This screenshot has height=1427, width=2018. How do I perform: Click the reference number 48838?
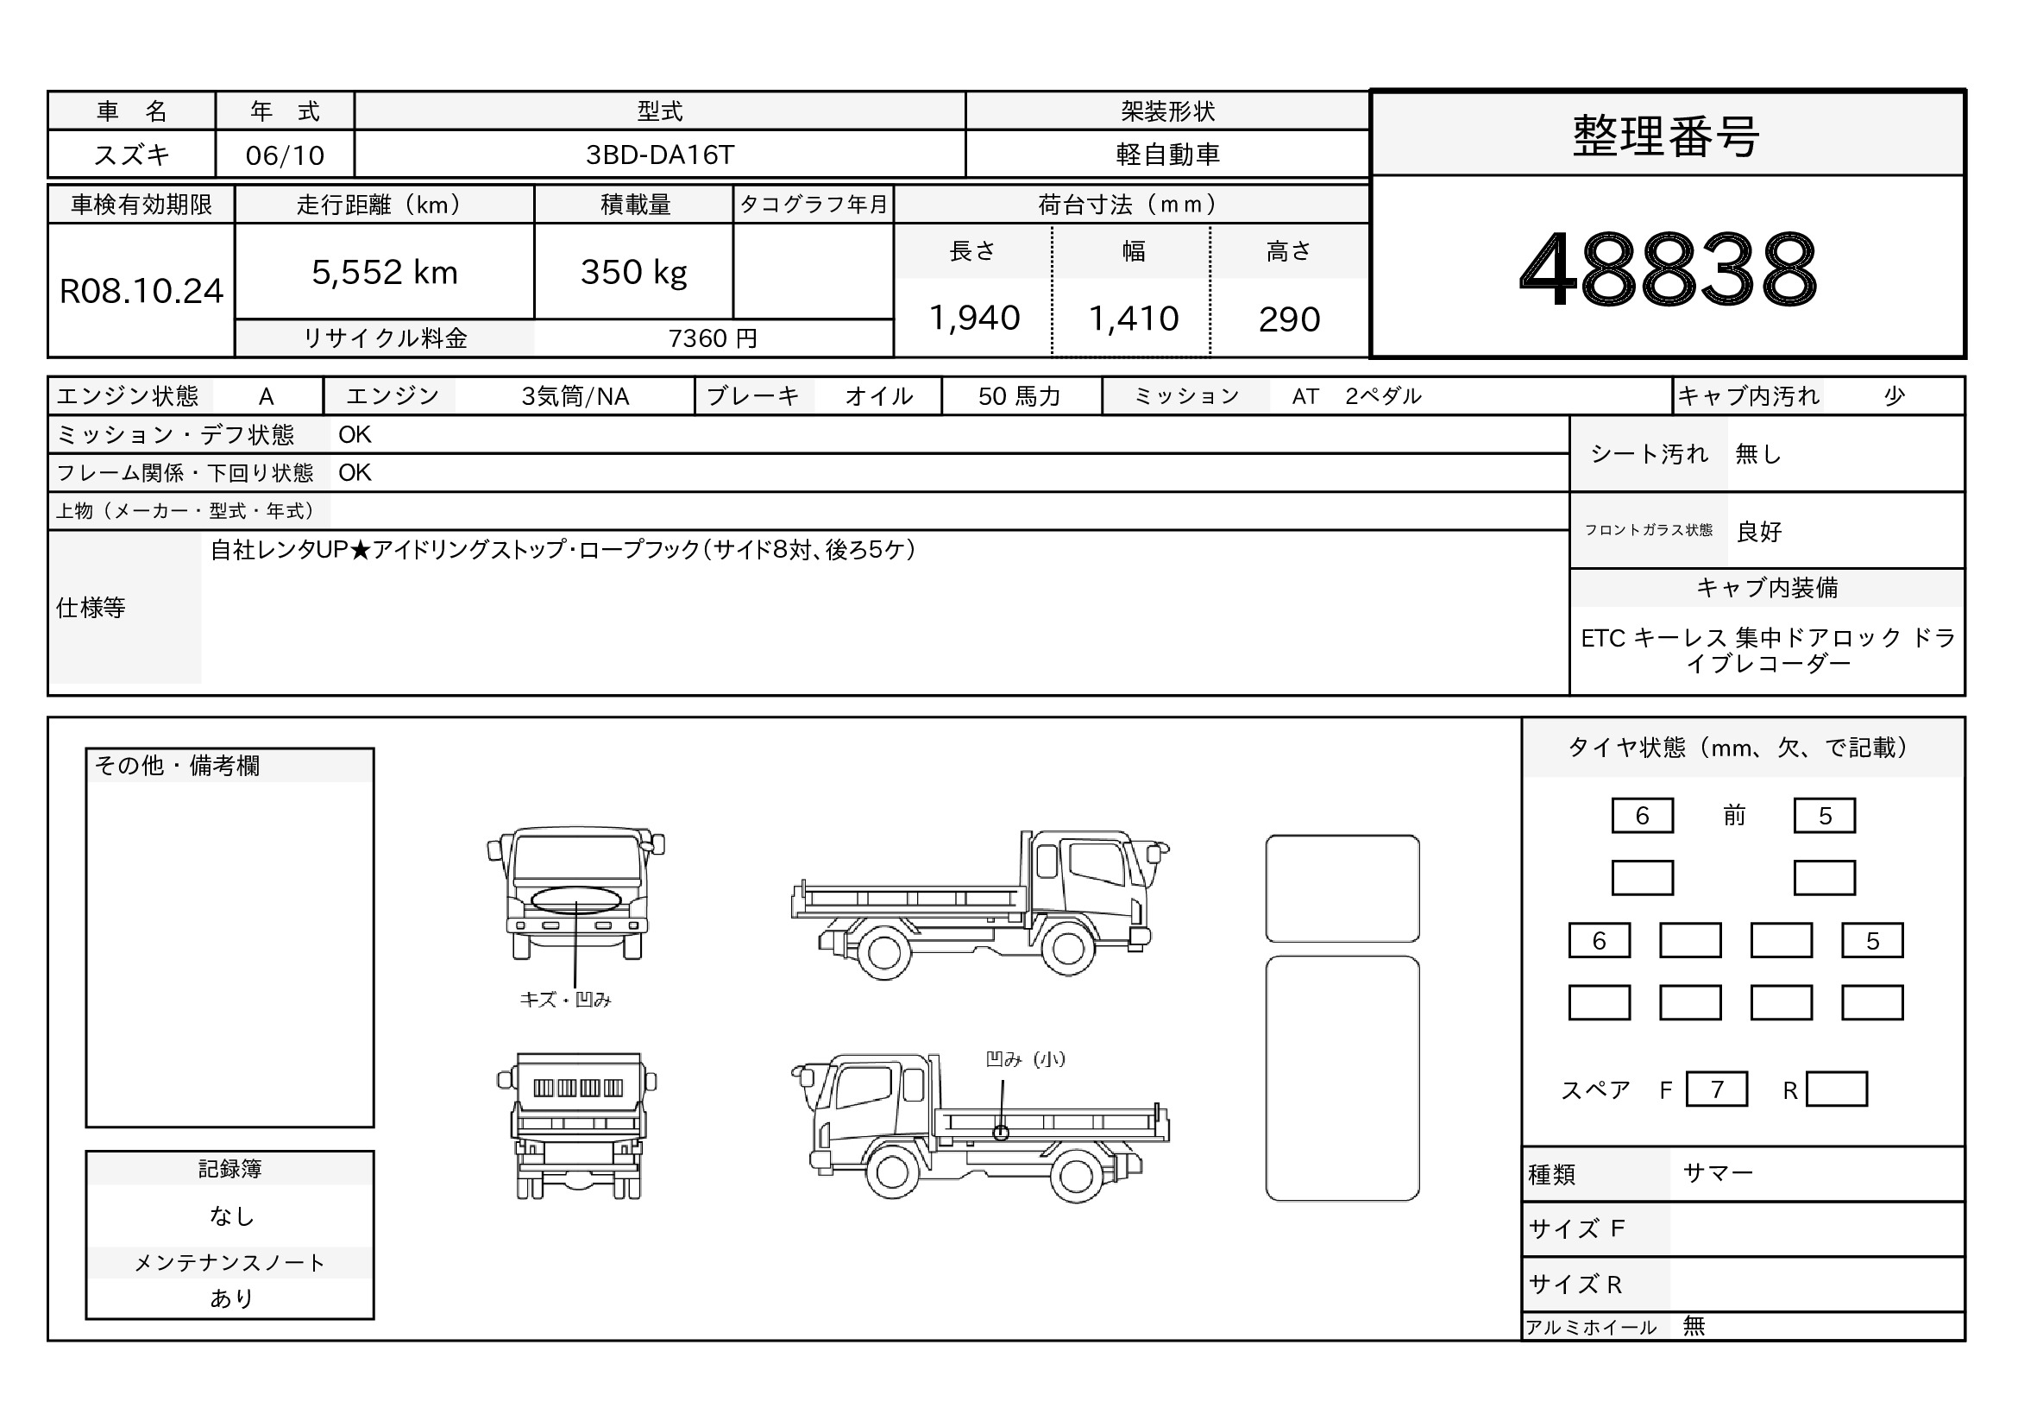point(1668,268)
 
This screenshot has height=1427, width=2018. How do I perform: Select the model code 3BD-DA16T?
point(659,155)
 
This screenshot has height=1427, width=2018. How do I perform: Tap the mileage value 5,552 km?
point(385,273)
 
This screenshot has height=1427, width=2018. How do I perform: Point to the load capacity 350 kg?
point(634,273)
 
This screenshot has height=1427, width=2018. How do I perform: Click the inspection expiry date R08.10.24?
point(141,291)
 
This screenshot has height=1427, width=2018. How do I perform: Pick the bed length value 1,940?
point(975,319)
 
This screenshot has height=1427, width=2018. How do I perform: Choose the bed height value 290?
point(1289,319)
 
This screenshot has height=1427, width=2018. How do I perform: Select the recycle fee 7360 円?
point(713,338)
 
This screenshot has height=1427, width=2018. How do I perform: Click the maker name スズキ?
point(132,155)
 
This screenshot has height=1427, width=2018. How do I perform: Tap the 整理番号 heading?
point(1667,136)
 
